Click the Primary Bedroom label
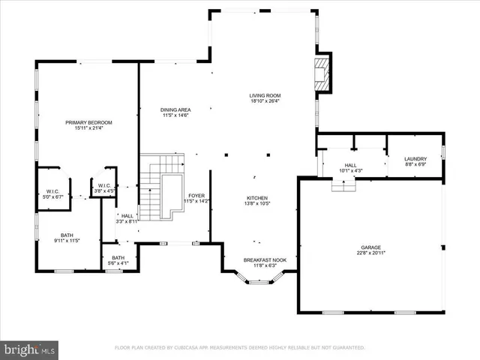coord(88,122)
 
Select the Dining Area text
coord(175,110)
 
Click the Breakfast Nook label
coord(260,259)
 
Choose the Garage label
coord(371,247)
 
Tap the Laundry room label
coord(415,159)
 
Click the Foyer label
coord(196,196)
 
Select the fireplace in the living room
coord(322,73)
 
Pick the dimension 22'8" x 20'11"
coord(371,253)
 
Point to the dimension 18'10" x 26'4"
coord(265,101)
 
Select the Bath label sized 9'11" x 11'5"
coord(67,235)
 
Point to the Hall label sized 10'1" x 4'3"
coord(351,165)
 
